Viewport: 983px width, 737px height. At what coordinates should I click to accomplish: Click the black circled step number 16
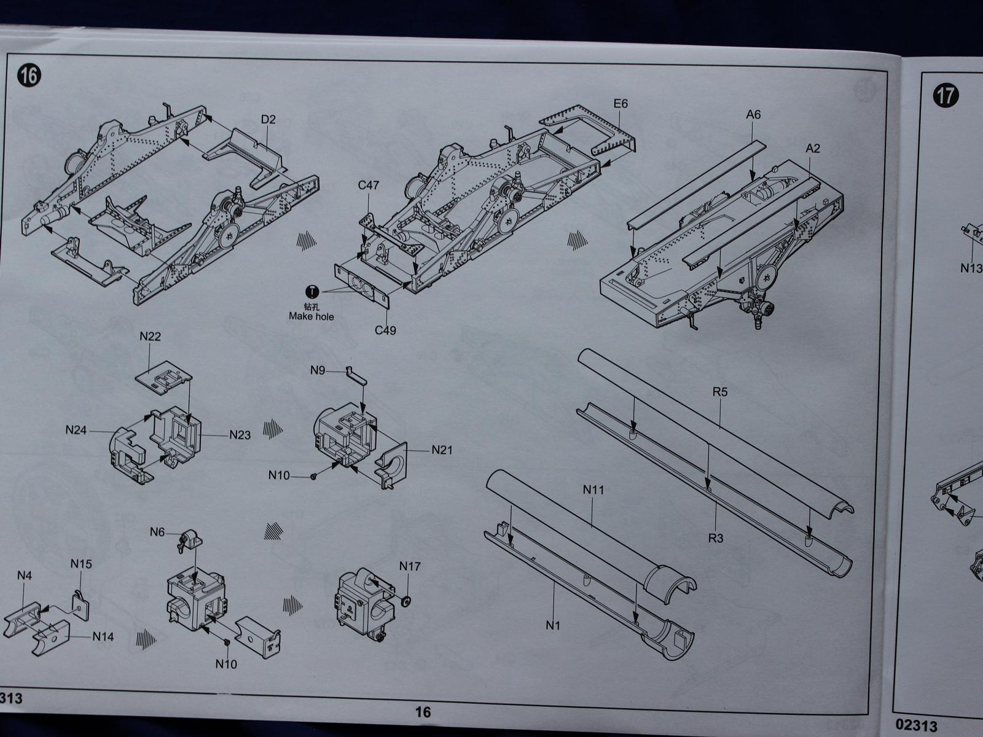point(29,76)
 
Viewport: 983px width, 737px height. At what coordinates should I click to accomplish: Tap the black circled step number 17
point(946,96)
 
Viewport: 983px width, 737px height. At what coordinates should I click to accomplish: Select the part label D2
point(268,120)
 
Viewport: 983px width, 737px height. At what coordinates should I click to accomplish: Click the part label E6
point(621,104)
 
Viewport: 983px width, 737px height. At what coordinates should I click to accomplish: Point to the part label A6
point(753,115)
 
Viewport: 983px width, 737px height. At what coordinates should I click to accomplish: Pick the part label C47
point(368,185)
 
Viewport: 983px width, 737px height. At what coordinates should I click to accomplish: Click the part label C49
point(385,330)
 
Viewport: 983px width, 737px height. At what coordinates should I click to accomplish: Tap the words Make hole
point(311,316)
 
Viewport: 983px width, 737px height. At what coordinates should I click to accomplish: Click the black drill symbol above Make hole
point(311,292)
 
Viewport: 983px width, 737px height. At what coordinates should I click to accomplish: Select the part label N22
point(150,337)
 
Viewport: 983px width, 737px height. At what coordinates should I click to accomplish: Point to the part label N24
point(76,430)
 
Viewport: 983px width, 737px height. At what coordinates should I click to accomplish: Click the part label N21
point(442,450)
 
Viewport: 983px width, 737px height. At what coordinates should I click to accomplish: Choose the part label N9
point(318,370)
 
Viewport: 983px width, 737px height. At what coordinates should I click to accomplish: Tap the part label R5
point(720,392)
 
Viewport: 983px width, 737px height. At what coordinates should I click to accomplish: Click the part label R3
point(716,539)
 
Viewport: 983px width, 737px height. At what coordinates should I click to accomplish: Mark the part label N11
point(593,490)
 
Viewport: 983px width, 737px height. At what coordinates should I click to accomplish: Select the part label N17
point(410,566)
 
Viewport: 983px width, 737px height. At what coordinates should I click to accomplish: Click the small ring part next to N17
point(405,601)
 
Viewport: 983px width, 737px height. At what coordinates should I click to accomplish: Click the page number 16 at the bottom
point(423,712)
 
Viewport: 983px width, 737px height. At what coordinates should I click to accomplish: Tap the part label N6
point(157,532)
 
